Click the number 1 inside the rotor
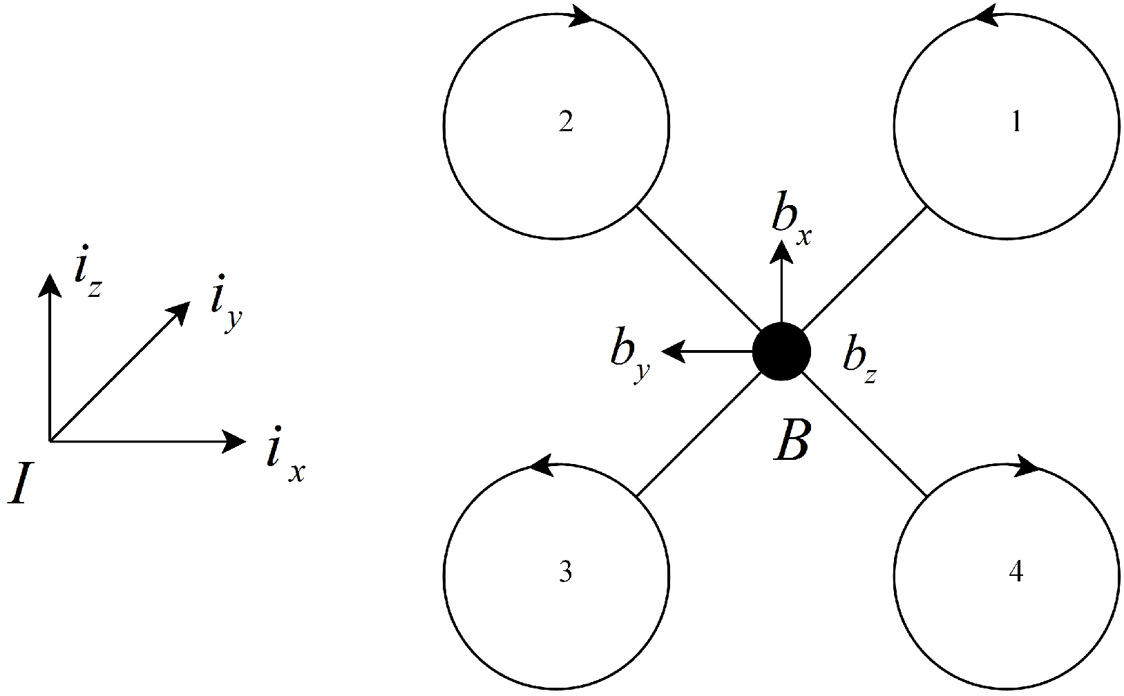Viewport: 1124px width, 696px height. click(1016, 123)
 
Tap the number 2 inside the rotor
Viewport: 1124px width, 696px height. click(565, 123)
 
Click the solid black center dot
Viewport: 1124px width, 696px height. click(781, 351)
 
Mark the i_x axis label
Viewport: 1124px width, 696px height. click(284, 456)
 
